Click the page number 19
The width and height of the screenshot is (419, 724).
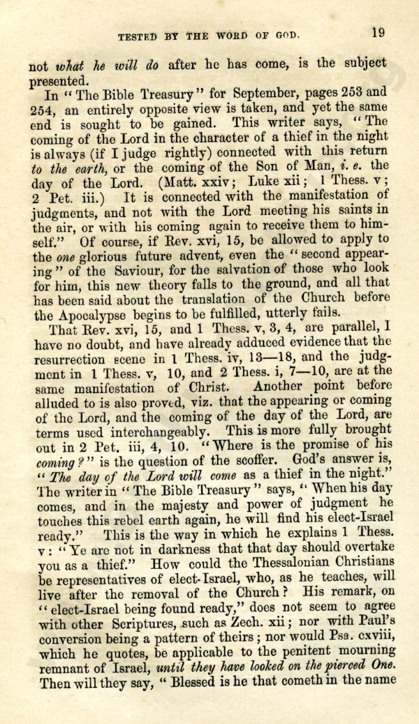[378, 31]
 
